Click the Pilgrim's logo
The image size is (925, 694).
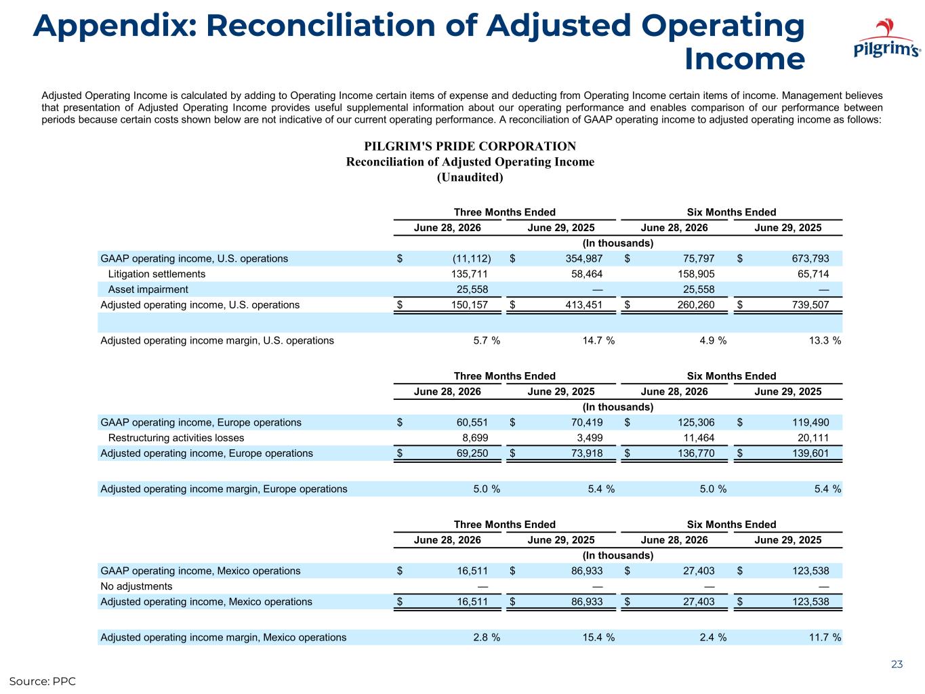click(x=886, y=38)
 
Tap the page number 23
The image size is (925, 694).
click(x=897, y=664)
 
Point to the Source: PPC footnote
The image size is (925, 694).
click(x=43, y=681)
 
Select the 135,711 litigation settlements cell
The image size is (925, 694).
click(x=469, y=274)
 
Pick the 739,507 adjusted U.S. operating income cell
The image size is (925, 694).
click(x=810, y=305)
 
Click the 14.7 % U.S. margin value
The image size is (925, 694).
click(x=598, y=340)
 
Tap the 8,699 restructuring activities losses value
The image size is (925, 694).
click(x=475, y=438)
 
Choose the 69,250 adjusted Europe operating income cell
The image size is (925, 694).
click(x=472, y=453)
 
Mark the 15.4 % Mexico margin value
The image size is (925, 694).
click(x=598, y=637)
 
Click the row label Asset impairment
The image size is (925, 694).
click(x=148, y=289)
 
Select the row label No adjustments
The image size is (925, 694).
click(x=136, y=586)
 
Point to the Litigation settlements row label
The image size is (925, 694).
click(x=157, y=274)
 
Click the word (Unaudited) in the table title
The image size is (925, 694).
click(x=470, y=178)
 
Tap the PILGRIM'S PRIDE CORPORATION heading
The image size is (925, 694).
click(x=470, y=146)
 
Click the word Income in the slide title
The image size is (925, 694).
click(x=744, y=58)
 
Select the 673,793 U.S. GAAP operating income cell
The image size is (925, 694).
click(x=810, y=258)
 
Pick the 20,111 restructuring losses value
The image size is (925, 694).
click(x=813, y=438)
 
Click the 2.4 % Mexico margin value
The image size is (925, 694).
click(x=713, y=637)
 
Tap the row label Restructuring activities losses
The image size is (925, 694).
click(x=176, y=438)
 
